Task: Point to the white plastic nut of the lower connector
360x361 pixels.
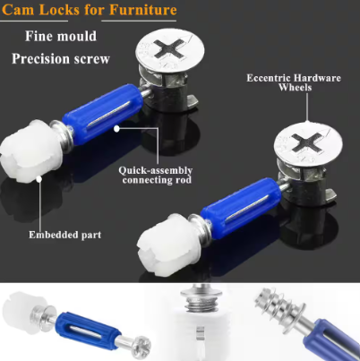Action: coord(165,247)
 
